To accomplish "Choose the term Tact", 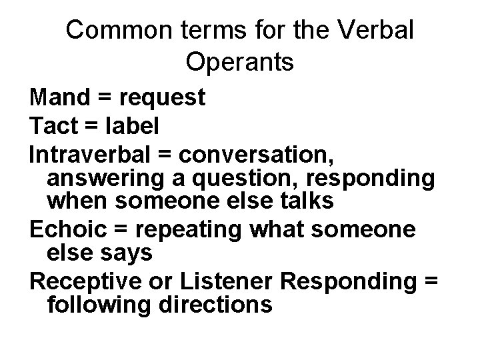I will point(54,125).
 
